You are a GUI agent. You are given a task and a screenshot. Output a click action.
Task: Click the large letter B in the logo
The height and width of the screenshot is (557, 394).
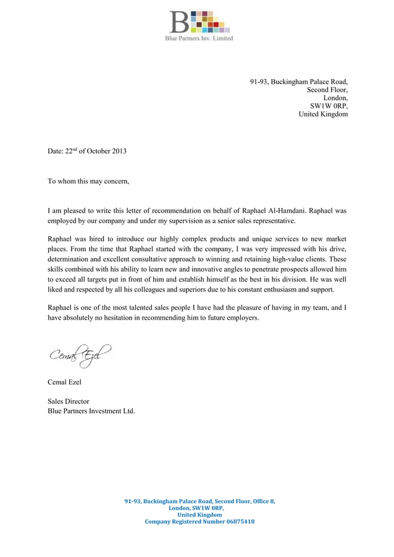[179, 22]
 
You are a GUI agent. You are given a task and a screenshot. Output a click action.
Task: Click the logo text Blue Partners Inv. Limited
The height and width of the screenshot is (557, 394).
[199, 38]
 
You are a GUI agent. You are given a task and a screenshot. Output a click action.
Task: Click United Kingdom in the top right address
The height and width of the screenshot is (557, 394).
[323, 114]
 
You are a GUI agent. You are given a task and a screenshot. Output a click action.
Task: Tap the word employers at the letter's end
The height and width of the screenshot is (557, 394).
[241, 318]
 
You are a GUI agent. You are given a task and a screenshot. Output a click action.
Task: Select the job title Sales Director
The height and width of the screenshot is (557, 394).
[69, 401]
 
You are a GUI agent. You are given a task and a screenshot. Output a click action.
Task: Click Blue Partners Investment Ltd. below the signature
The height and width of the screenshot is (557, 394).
[91, 411]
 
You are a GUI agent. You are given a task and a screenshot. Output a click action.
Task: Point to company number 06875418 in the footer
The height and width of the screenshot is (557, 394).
[236, 522]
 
